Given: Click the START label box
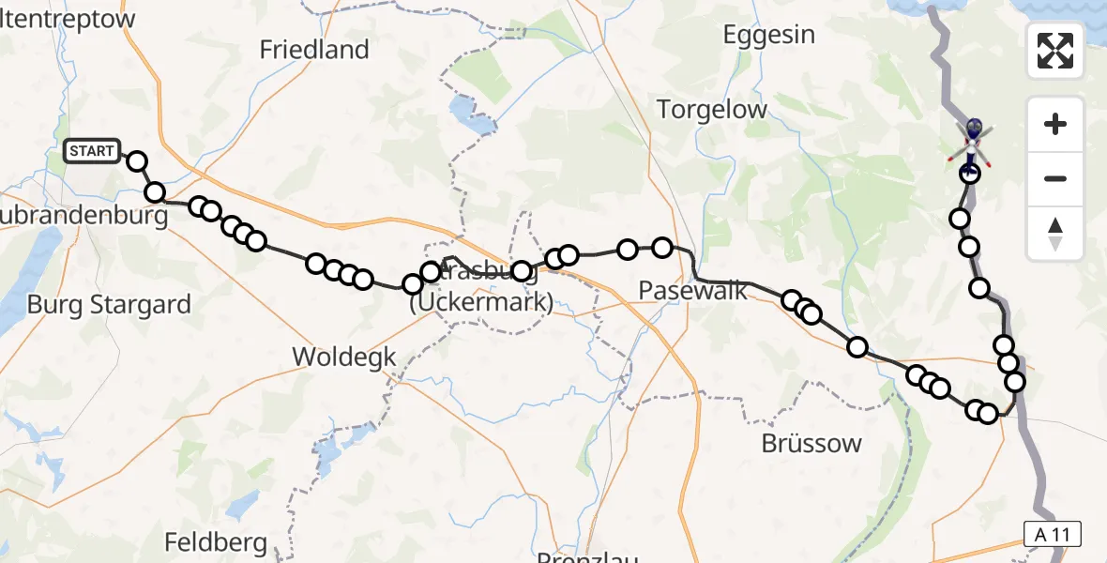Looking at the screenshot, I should [92, 151].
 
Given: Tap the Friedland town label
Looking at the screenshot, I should [314, 50].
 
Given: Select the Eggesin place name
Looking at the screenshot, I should [769, 36].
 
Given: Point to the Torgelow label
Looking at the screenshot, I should [712, 109].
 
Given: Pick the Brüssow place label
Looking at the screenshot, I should [812, 443].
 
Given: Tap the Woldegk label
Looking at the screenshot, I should [344, 357].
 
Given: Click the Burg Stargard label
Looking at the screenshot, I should [109, 304].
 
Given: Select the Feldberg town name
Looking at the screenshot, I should [216, 542].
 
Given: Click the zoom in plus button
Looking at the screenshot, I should [1055, 124].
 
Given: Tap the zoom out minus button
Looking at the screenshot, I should [1055, 178].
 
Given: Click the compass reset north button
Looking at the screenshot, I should [1055, 233].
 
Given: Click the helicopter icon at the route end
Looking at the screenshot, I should [973, 141].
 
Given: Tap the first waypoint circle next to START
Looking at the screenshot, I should [137, 161].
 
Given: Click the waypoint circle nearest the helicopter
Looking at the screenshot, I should [969, 173].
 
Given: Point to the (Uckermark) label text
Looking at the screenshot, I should [480, 303].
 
